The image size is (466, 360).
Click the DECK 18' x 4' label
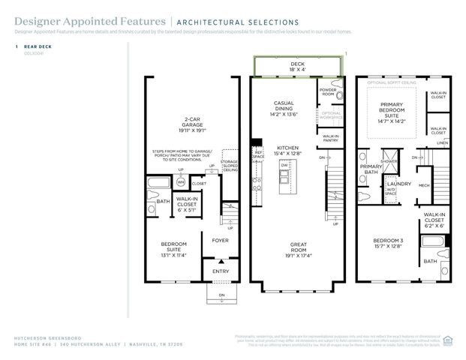click(x=298, y=68)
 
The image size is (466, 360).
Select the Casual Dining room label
click(x=284, y=109)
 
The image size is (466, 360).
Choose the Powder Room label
click(x=327, y=91)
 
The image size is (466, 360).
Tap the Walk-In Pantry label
click(x=331, y=139)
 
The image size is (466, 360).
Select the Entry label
click(x=221, y=271)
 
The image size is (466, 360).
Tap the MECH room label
click(x=423, y=185)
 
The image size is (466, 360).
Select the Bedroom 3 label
click(x=389, y=244)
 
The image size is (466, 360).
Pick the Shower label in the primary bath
click(x=389, y=160)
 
